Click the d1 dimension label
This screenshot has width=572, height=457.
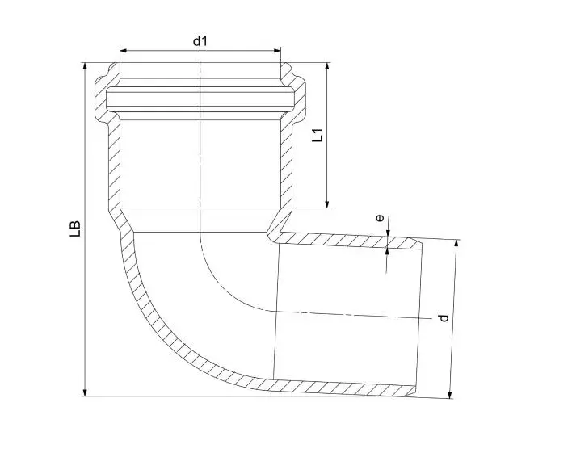pyautogui.click(x=200, y=41)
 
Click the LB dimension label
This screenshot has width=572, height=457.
pyautogui.click(x=75, y=228)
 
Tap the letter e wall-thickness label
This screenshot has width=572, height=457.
pyautogui.click(x=380, y=218)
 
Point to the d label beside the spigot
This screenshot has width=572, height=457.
pyautogui.click(x=444, y=318)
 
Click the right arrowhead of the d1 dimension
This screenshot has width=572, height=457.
pyautogui.click(x=276, y=50)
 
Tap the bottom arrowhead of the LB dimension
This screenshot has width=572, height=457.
pyautogui.click(x=85, y=392)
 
